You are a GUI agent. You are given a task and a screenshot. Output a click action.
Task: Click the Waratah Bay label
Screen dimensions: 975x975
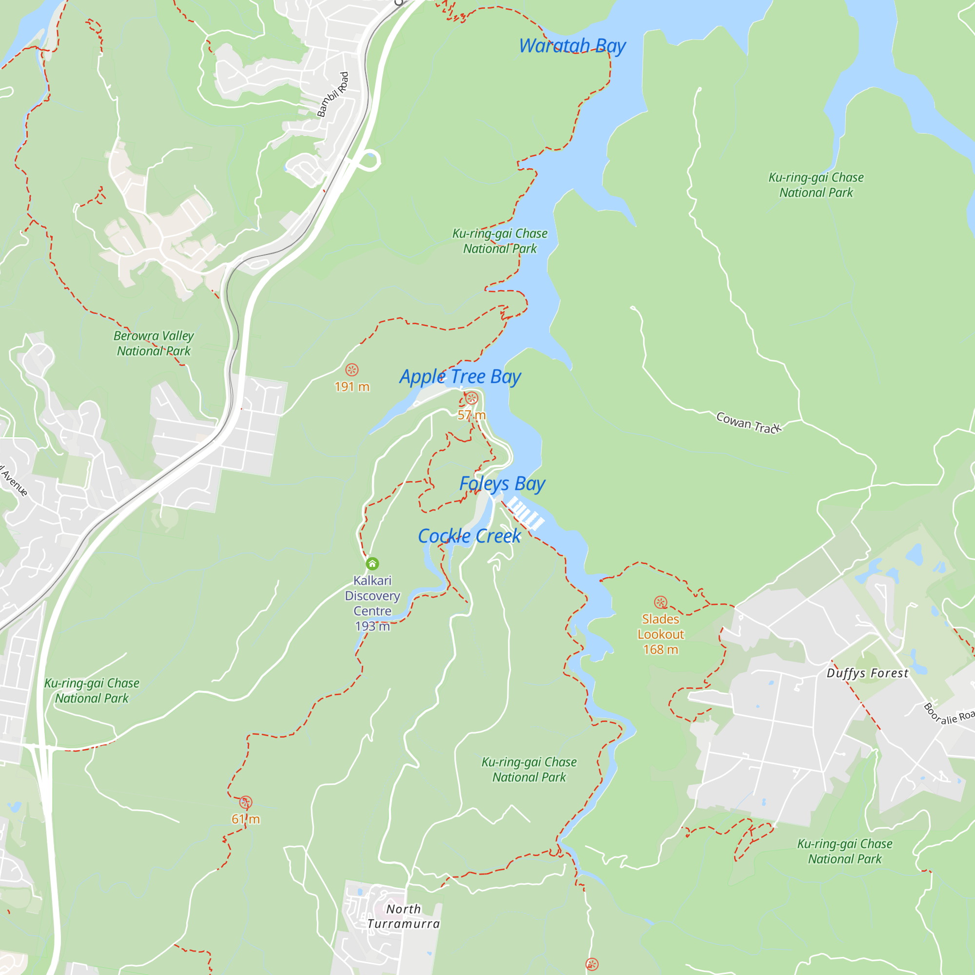click(x=572, y=46)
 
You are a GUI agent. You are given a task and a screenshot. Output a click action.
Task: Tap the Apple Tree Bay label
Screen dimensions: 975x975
click(x=460, y=376)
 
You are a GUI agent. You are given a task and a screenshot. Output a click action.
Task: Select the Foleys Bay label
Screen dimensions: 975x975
click(x=502, y=484)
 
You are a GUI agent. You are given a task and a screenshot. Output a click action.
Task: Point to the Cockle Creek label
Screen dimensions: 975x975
click(x=469, y=536)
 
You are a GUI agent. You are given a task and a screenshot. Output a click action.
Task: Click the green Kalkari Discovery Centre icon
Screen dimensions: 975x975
click(x=372, y=564)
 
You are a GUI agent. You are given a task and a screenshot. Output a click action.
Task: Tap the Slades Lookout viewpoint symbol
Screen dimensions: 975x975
click(x=661, y=602)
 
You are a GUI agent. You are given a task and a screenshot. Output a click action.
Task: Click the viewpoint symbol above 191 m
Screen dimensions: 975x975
click(x=352, y=370)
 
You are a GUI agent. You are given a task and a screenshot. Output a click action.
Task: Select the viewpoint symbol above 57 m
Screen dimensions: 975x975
click(x=471, y=398)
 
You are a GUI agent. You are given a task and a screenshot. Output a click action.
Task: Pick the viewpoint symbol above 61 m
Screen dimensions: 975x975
click(x=246, y=802)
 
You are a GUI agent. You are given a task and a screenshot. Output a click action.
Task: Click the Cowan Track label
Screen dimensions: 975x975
click(x=748, y=423)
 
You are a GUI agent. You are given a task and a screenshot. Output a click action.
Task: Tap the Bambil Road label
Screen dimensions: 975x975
click(x=333, y=95)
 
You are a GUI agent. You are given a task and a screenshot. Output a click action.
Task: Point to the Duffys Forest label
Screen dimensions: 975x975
click(x=867, y=673)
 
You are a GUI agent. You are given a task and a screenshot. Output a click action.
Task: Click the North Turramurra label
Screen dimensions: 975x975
click(x=404, y=916)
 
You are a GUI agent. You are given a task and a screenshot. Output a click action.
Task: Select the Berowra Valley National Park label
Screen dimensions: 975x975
click(x=154, y=343)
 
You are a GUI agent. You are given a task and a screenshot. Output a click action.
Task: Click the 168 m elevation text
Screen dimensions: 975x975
click(x=661, y=649)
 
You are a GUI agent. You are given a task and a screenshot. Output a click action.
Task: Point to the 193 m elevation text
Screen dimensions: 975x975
click(x=372, y=626)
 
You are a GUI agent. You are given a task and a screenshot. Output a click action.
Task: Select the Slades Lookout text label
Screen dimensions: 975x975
click(x=661, y=627)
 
